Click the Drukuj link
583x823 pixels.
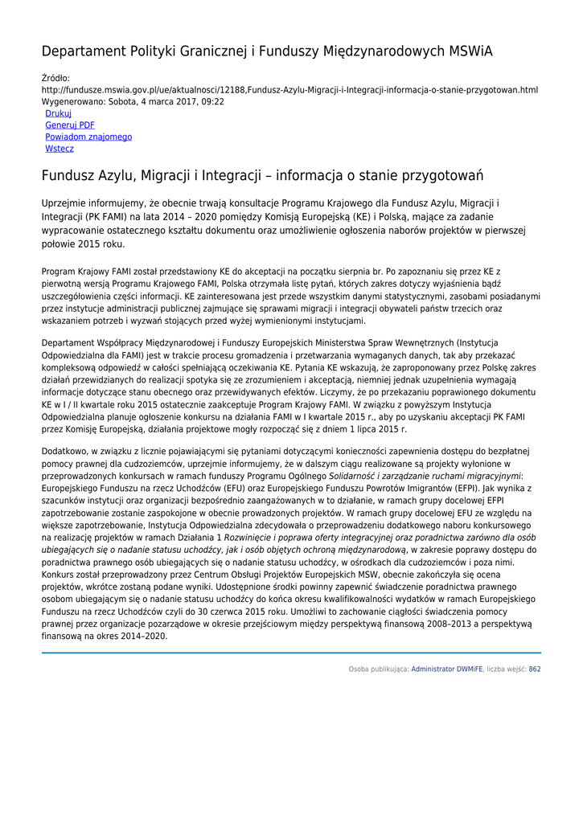58,114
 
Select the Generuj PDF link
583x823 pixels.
69,125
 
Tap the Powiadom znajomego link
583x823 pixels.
88,137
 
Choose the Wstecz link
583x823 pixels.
60,149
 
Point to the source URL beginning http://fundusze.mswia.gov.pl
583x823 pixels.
289,90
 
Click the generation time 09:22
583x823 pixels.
213,102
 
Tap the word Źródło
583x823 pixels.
55,78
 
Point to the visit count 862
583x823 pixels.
534,669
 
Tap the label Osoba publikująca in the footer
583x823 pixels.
378,669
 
